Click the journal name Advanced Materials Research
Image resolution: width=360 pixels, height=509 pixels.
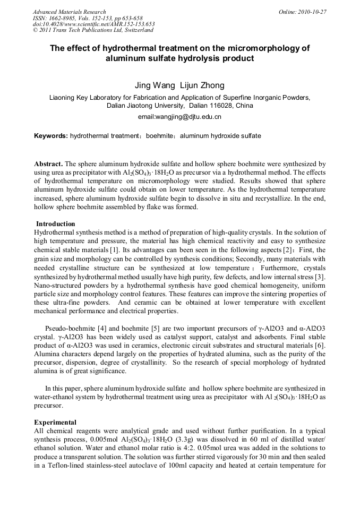[x=69, y=12]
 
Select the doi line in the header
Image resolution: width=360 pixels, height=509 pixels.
[x=93, y=24]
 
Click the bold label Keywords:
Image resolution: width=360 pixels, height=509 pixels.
[x=51, y=136]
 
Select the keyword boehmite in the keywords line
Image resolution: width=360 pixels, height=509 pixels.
[x=160, y=136]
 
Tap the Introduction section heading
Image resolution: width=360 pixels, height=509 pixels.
[x=55, y=223]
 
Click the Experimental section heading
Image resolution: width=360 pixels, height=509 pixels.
[x=55, y=422]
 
